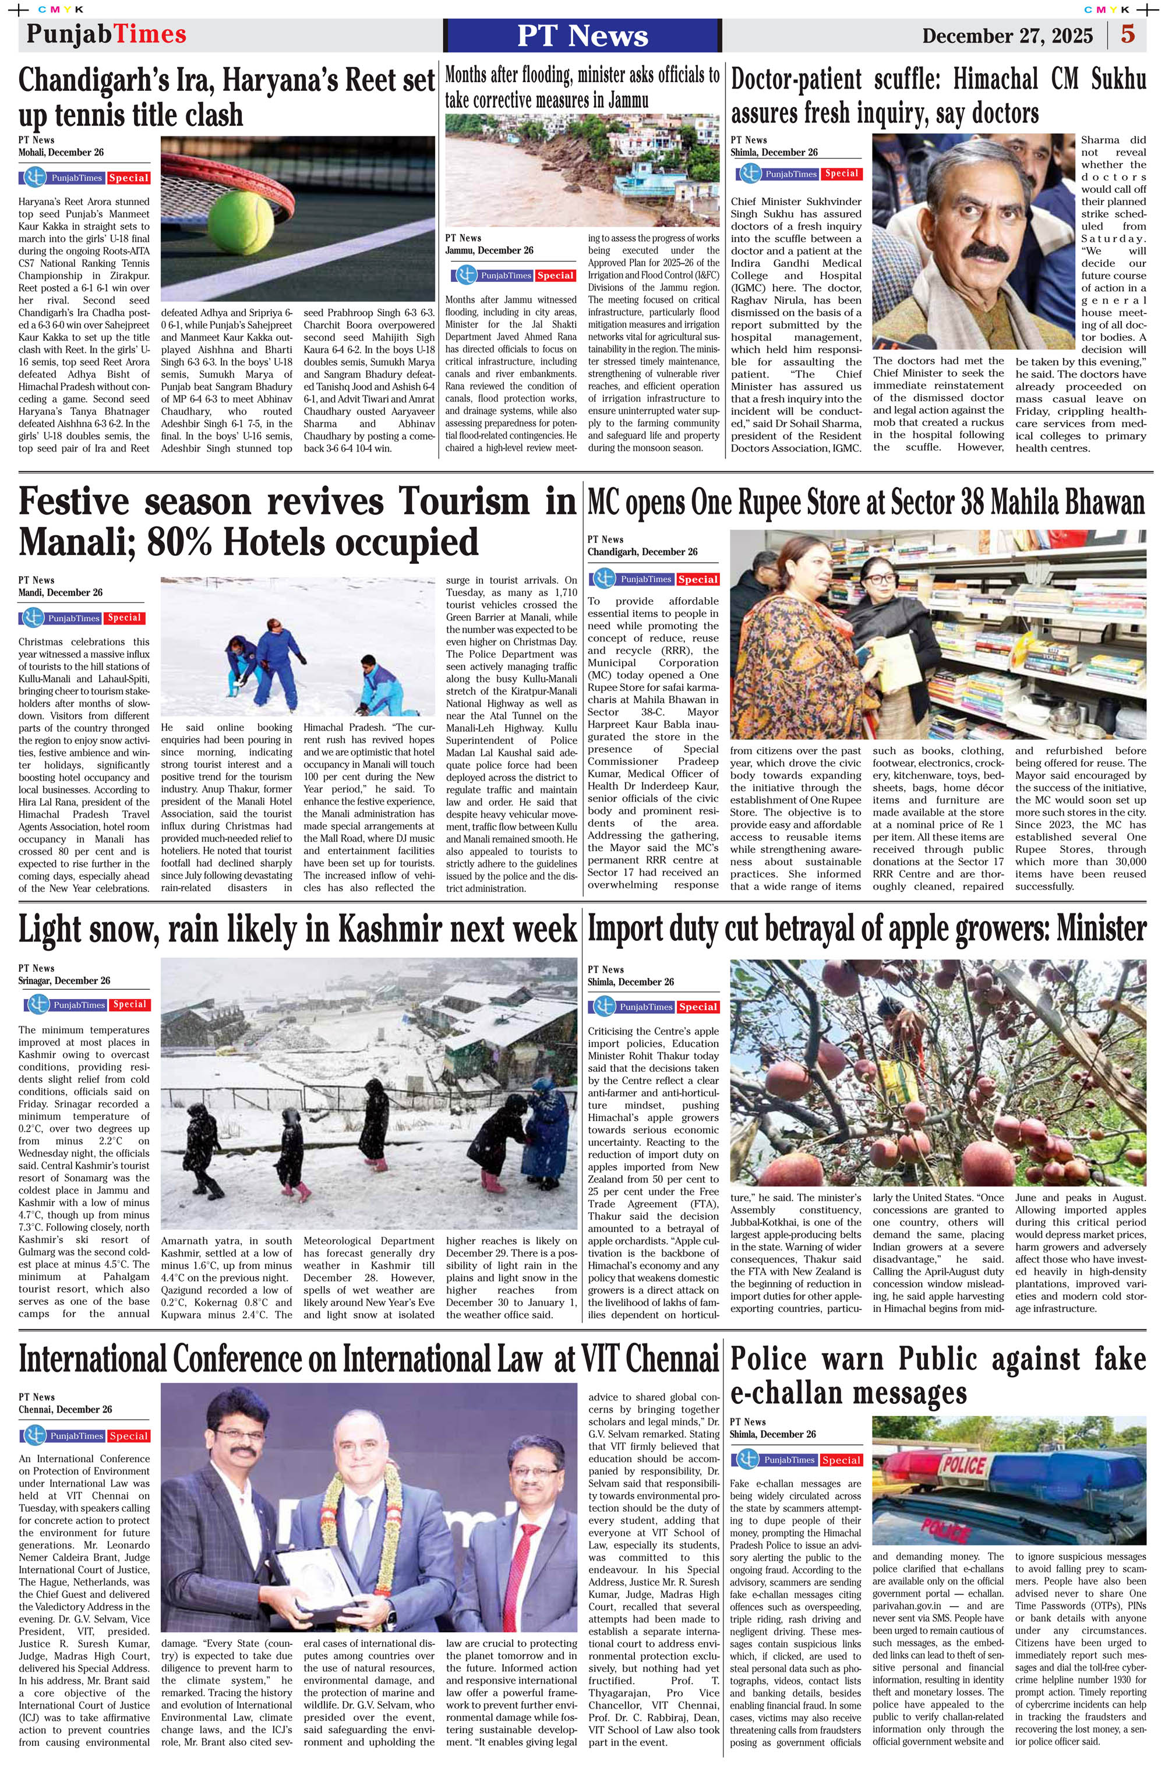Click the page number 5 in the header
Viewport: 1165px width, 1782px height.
tap(1128, 34)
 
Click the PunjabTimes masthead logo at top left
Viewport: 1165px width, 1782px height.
tap(107, 34)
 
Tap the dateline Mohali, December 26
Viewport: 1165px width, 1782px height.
tap(61, 153)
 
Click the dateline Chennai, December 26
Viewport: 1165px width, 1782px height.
tap(65, 1410)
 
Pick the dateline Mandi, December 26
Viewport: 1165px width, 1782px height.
tap(60, 593)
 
